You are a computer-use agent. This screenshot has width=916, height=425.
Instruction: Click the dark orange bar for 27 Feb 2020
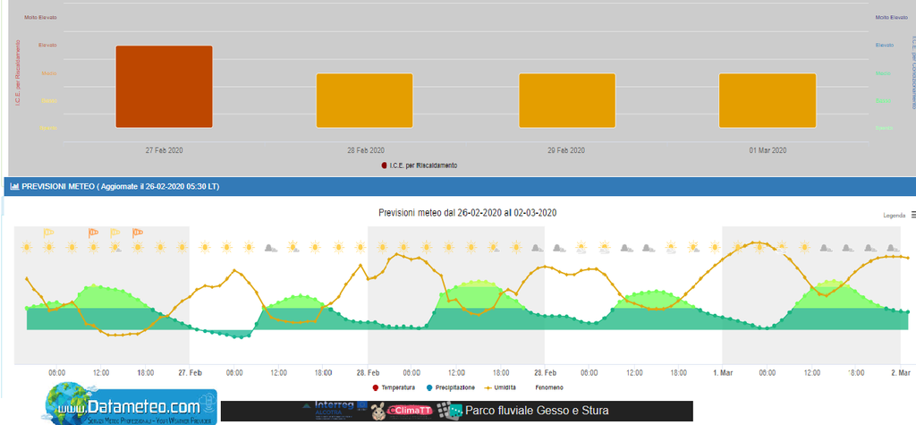[x=164, y=86]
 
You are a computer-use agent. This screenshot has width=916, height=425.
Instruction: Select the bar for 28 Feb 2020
[x=365, y=100]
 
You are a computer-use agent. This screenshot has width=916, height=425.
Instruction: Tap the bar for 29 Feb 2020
[x=567, y=100]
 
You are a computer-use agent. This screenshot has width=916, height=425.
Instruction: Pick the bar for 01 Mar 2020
[x=768, y=100]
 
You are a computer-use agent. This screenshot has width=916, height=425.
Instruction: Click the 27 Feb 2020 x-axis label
[x=165, y=149]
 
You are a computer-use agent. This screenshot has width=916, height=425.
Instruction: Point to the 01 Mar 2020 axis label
[x=768, y=149]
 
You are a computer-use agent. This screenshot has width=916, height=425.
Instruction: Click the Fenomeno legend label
[x=550, y=387]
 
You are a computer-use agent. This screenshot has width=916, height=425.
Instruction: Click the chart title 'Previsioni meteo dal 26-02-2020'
[x=468, y=212]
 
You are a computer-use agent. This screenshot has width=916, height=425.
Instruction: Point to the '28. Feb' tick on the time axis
[x=368, y=371]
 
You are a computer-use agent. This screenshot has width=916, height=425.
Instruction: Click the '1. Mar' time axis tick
[x=722, y=371]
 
